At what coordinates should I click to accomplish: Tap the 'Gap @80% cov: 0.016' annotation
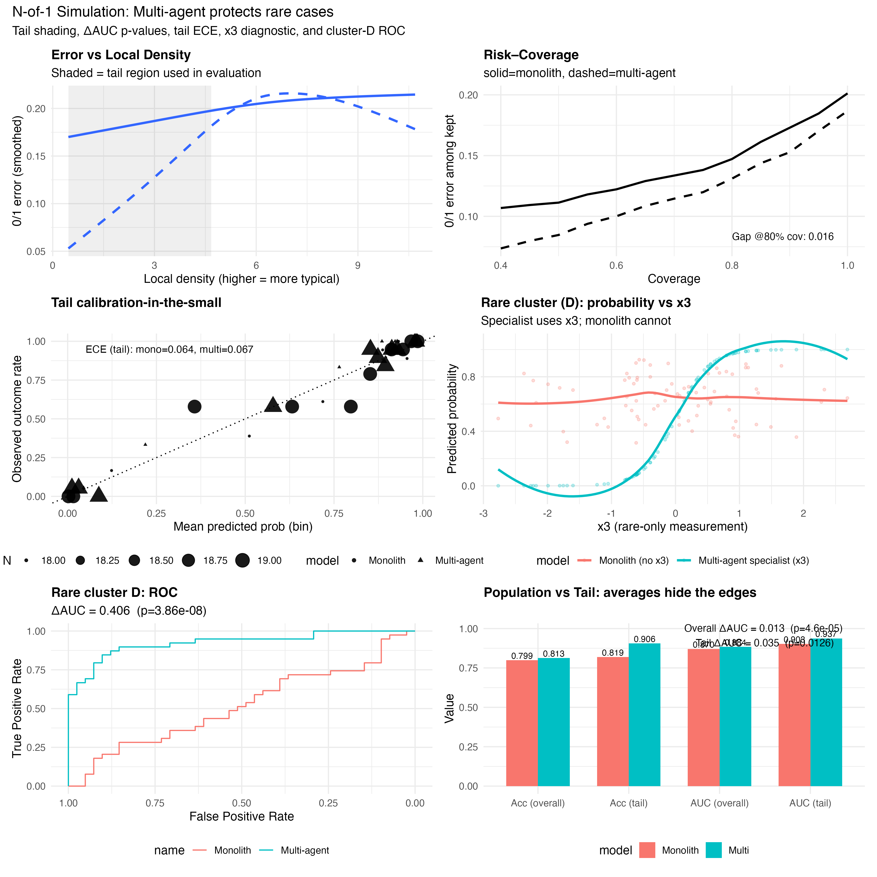click(782, 237)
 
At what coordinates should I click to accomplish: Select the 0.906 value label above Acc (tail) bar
click(645, 639)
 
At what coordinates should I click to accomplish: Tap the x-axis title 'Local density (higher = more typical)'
click(241, 279)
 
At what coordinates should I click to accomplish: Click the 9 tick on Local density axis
click(358, 266)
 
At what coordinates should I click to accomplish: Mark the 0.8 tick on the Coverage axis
click(732, 266)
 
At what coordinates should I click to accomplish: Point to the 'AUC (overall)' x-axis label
click(719, 803)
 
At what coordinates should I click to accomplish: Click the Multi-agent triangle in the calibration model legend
click(421, 560)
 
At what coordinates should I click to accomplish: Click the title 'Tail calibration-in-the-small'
click(136, 303)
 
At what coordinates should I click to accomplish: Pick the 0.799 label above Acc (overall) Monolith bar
click(522, 656)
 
